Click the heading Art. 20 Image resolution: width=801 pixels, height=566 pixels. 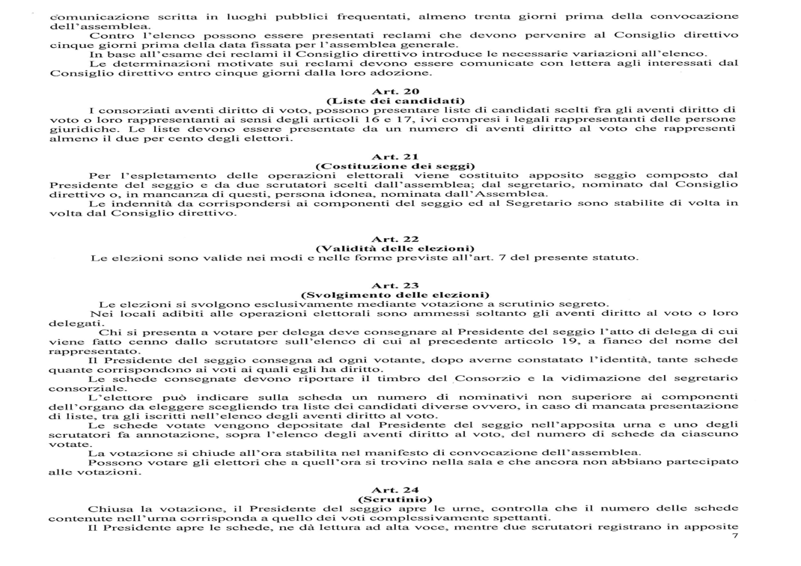point(395,91)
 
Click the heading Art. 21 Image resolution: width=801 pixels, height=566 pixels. point(395,156)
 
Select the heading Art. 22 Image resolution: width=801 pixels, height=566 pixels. point(395,240)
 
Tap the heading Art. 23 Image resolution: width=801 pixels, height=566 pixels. point(395,285)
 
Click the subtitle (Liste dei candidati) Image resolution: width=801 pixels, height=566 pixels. point(395,100)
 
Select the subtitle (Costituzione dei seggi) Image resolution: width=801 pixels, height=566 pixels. point(395,165)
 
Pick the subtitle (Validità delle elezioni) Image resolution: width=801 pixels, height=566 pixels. point(395,249)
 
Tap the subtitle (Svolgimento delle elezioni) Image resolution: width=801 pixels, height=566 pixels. point(395,294)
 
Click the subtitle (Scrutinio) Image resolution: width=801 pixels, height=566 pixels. point(395,499)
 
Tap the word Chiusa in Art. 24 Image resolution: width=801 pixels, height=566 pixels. point(108,508)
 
